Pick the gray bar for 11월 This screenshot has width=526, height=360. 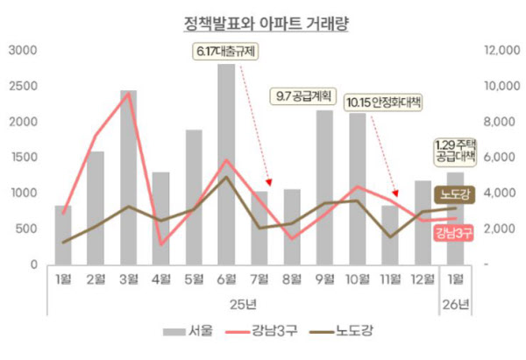coord(389,235)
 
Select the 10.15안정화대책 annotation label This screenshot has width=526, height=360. coord(383,103)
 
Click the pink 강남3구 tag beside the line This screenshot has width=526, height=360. coord(454,231)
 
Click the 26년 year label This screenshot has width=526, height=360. coord(455,304)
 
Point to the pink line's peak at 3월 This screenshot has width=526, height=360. coord(129,94)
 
